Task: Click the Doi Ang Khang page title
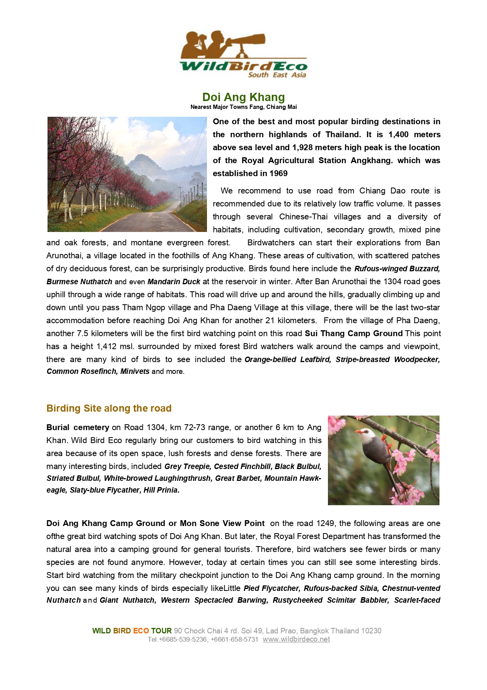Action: coord(243,97)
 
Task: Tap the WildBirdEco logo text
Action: coord(243,66)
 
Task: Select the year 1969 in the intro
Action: coord(278,173)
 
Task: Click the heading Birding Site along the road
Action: coord(109,408)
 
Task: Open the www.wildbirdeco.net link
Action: coord(296,639)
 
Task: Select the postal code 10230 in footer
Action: coord(371,631)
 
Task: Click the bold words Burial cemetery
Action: coord(78,427)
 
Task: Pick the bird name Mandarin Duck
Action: coord(174,282)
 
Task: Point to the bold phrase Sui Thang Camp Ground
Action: coord(353,333)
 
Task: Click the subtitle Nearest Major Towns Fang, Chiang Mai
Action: coord(243,107)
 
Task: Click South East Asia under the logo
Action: coord(277,75)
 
